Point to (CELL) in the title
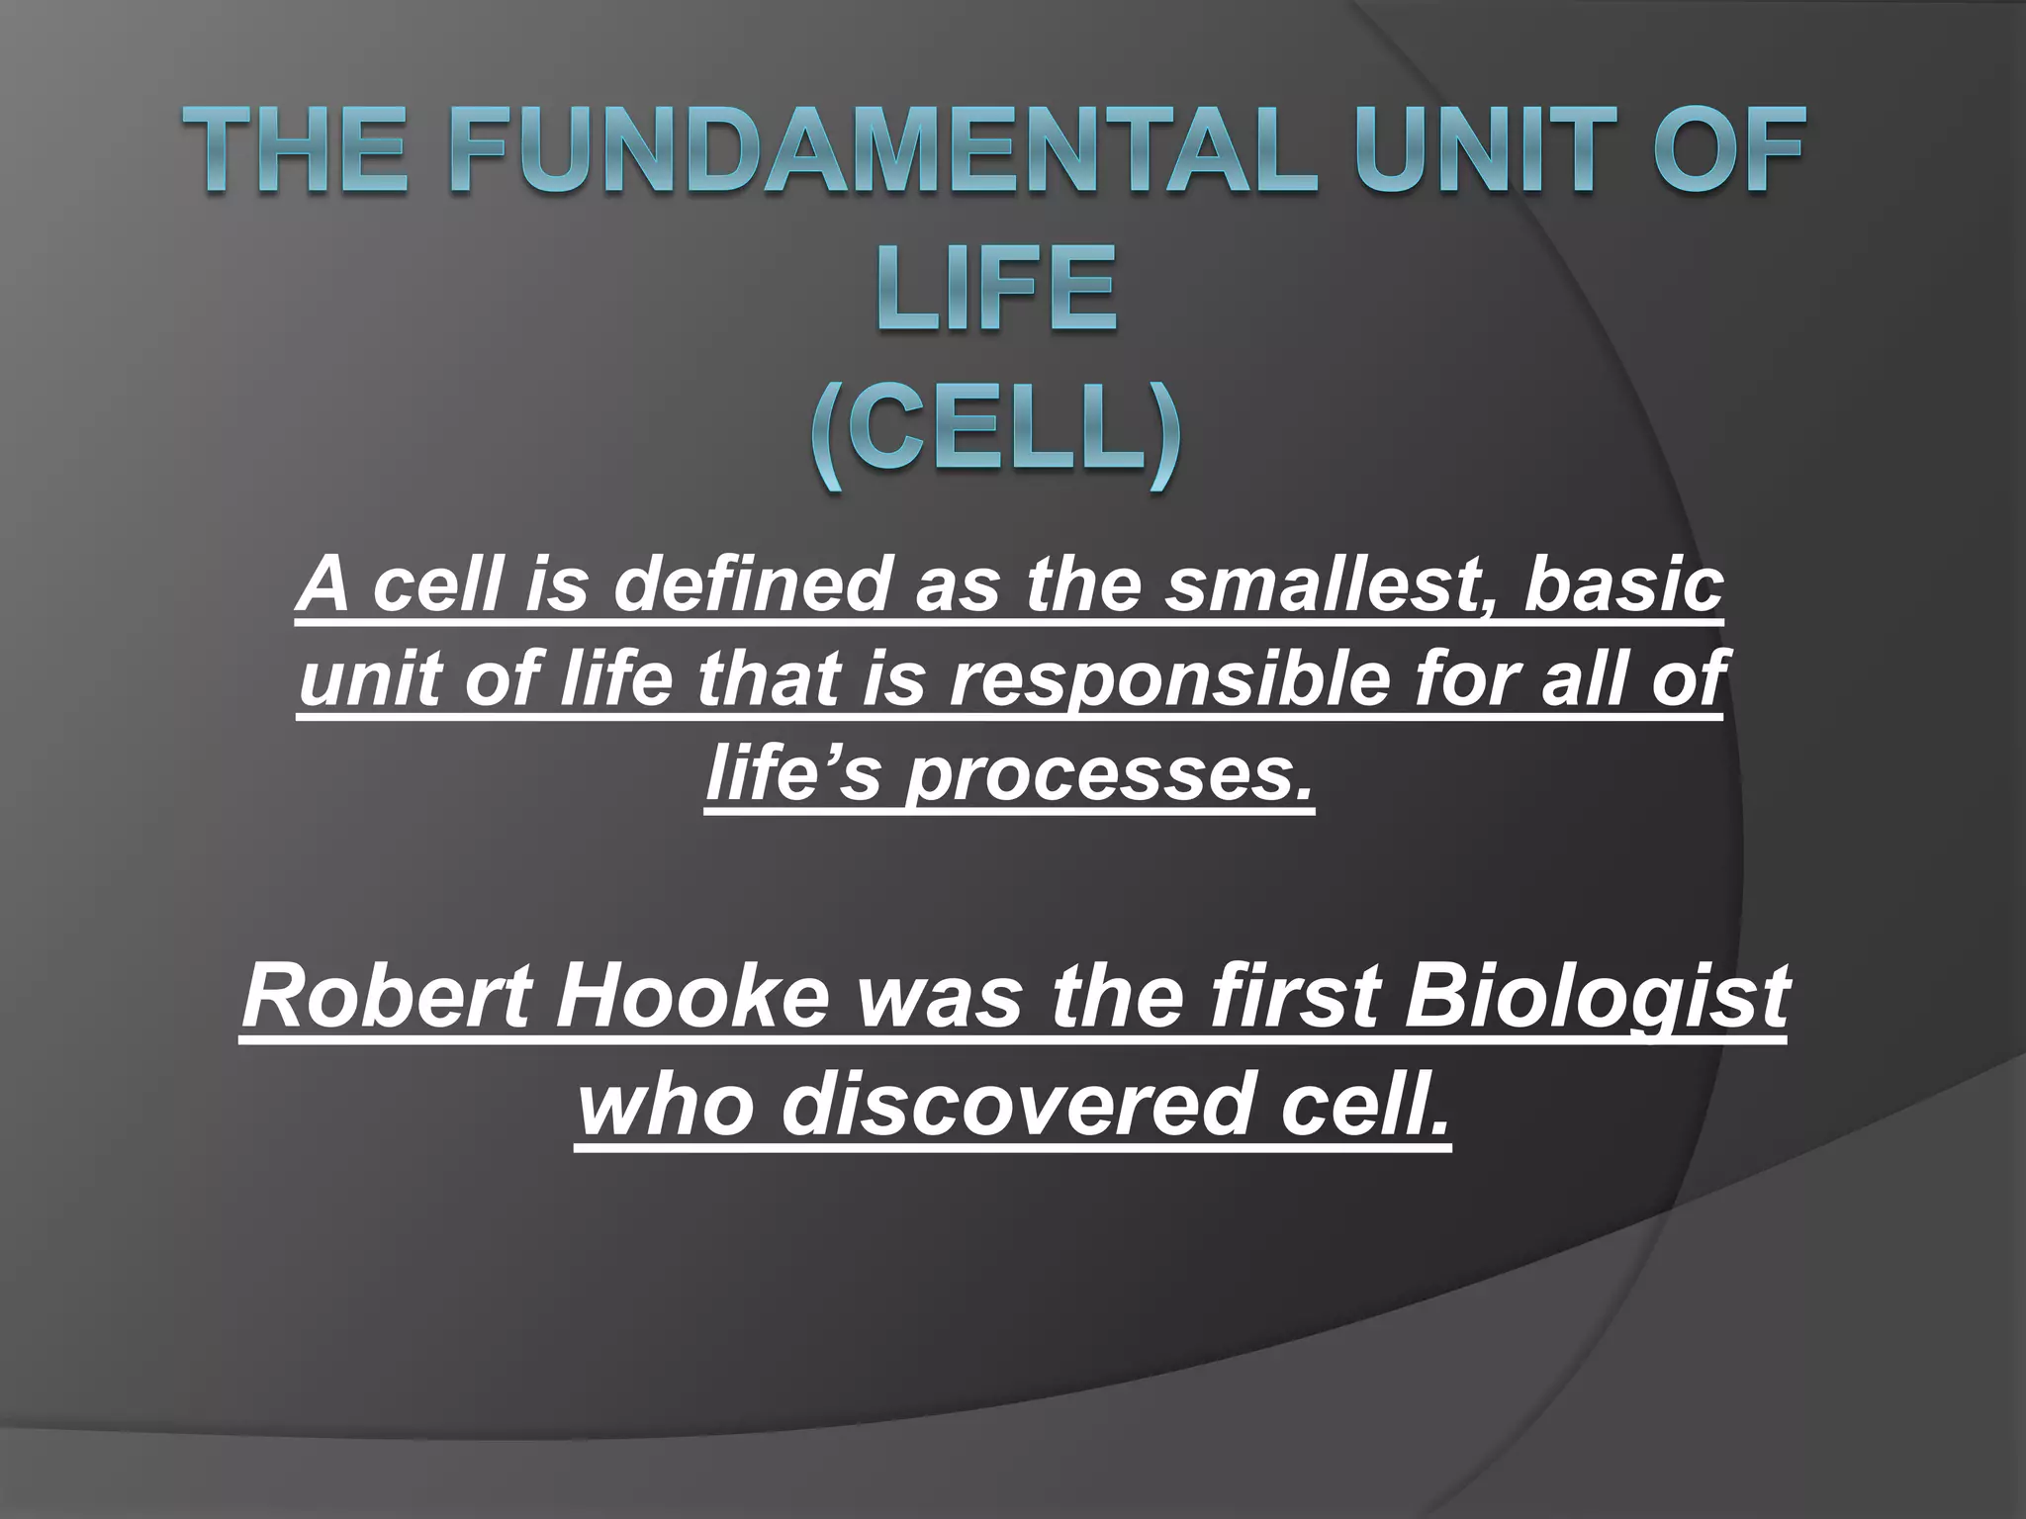pyautogui.click(x=996, y=432)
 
